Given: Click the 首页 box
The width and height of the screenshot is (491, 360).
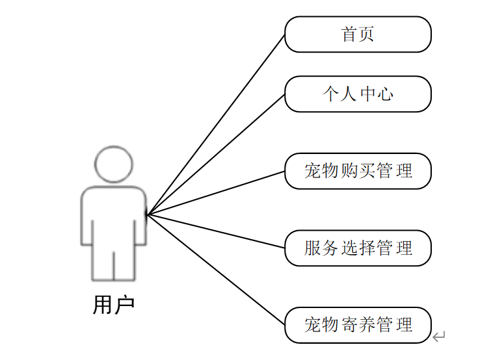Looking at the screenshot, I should [358, 34].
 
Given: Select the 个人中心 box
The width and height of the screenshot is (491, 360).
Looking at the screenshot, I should [358, 94].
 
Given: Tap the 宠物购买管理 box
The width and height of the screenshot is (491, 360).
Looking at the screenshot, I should [358, 171].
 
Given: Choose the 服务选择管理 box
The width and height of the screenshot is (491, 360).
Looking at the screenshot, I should [358, 248].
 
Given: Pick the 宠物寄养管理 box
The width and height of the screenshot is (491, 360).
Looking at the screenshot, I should [358, 324].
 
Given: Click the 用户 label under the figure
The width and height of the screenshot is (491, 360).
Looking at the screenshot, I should [114, 305].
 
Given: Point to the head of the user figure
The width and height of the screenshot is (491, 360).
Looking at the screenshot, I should [114, 164].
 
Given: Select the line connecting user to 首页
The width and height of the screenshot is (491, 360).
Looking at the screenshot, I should [216, 124].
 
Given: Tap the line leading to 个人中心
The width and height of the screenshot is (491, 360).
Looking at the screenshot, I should [216, 155].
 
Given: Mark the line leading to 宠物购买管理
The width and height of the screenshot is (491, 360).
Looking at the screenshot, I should [216, 193].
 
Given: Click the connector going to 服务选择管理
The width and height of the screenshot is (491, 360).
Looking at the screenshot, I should [216, 231].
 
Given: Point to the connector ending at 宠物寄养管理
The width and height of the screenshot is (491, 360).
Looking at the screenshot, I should [216, 270].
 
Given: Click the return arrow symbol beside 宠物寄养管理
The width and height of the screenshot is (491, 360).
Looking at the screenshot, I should [439, 336].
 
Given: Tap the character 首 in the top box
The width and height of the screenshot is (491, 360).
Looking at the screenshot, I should [349, 34].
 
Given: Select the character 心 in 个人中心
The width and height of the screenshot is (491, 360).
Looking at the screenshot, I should [386, 94].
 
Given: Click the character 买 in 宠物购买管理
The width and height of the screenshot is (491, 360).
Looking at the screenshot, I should [367, 171].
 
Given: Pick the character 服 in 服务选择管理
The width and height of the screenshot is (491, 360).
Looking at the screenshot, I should [313, 248].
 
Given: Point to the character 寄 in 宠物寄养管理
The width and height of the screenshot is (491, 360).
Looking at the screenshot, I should [349, 324].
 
